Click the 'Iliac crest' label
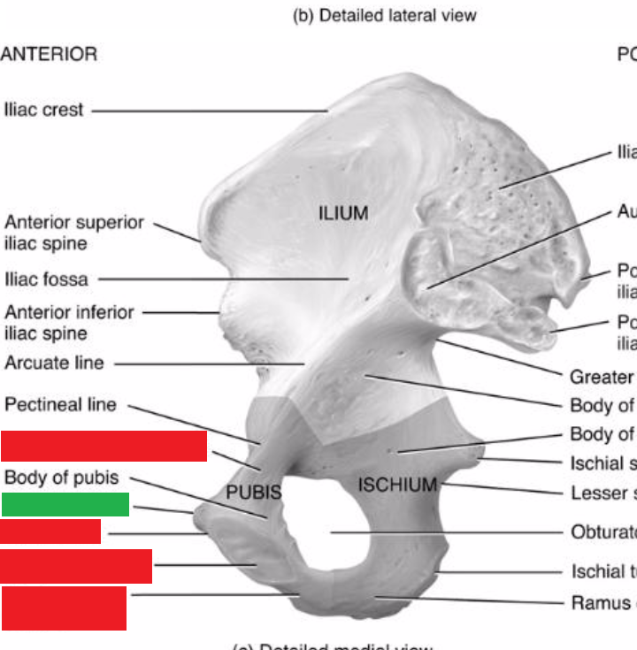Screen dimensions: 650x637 pos(43,111)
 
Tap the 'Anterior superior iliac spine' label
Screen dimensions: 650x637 pos(73,233)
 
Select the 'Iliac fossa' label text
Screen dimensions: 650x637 pos(46,279)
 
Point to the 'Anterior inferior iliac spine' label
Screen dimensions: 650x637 pos(69,323)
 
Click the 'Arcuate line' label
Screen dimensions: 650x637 pos(54,363)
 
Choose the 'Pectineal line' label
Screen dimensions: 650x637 pos(60,405)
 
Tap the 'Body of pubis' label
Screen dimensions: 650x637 pos(61,478)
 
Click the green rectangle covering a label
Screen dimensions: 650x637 pos(65,504)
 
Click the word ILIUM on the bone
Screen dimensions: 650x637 pos(343,213)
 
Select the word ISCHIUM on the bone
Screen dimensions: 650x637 pos(398,484)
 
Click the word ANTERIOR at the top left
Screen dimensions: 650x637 pos(49,54)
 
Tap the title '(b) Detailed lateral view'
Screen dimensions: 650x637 pos(384,15)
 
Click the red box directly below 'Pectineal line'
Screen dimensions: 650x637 pos(104,447)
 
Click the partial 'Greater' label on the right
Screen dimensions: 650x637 pos(602,377)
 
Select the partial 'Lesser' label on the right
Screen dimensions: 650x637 pos(602,493)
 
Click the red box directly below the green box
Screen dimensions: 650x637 pos(50,531)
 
